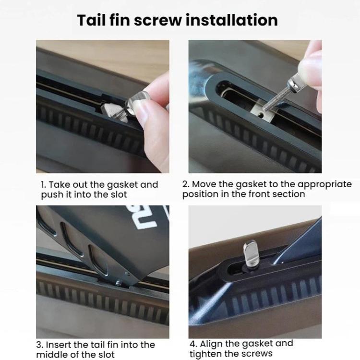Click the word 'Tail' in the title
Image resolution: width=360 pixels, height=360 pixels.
point(92,20)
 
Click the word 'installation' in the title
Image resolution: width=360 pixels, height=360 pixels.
point(232,20)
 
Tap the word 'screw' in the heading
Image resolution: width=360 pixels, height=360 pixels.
point(158,21)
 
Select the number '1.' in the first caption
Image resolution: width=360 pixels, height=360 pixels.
point(44,185)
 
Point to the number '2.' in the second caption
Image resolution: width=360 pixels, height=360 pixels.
point(186,184)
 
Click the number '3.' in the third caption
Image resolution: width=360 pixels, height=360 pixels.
point(40,345)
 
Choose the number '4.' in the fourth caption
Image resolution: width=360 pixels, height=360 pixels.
point(193,344)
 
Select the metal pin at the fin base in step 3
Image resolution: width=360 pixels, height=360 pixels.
point(119,283)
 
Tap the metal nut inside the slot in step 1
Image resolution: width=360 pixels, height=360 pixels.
point(113,111)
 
